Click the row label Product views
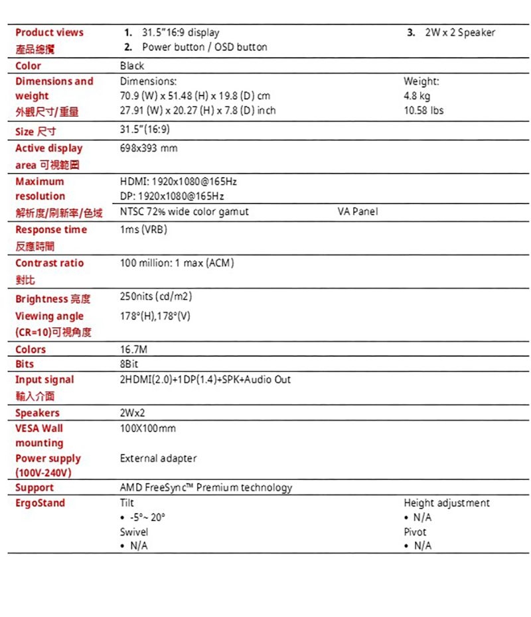(x=49, y=32)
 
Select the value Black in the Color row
(x=131, y=66)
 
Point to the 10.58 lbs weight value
(x=423, y=111)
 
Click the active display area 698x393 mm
(x=149, y=148)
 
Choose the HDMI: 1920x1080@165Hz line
(x=178, y=182)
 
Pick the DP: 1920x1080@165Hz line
(x=172, y=196)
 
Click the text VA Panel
(x=357, y=212)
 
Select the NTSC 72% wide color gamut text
(x=184, y=212)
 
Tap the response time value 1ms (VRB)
(x=143, y=230)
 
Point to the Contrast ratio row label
(x=49, y=263)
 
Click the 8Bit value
(x=129, y=364)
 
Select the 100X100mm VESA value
(x=147, y=429)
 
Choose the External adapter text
(x=158, y=458)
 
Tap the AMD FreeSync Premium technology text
(x=205, y=488)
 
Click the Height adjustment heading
(x=446, y=503)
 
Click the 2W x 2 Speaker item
(x=460, y=32)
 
